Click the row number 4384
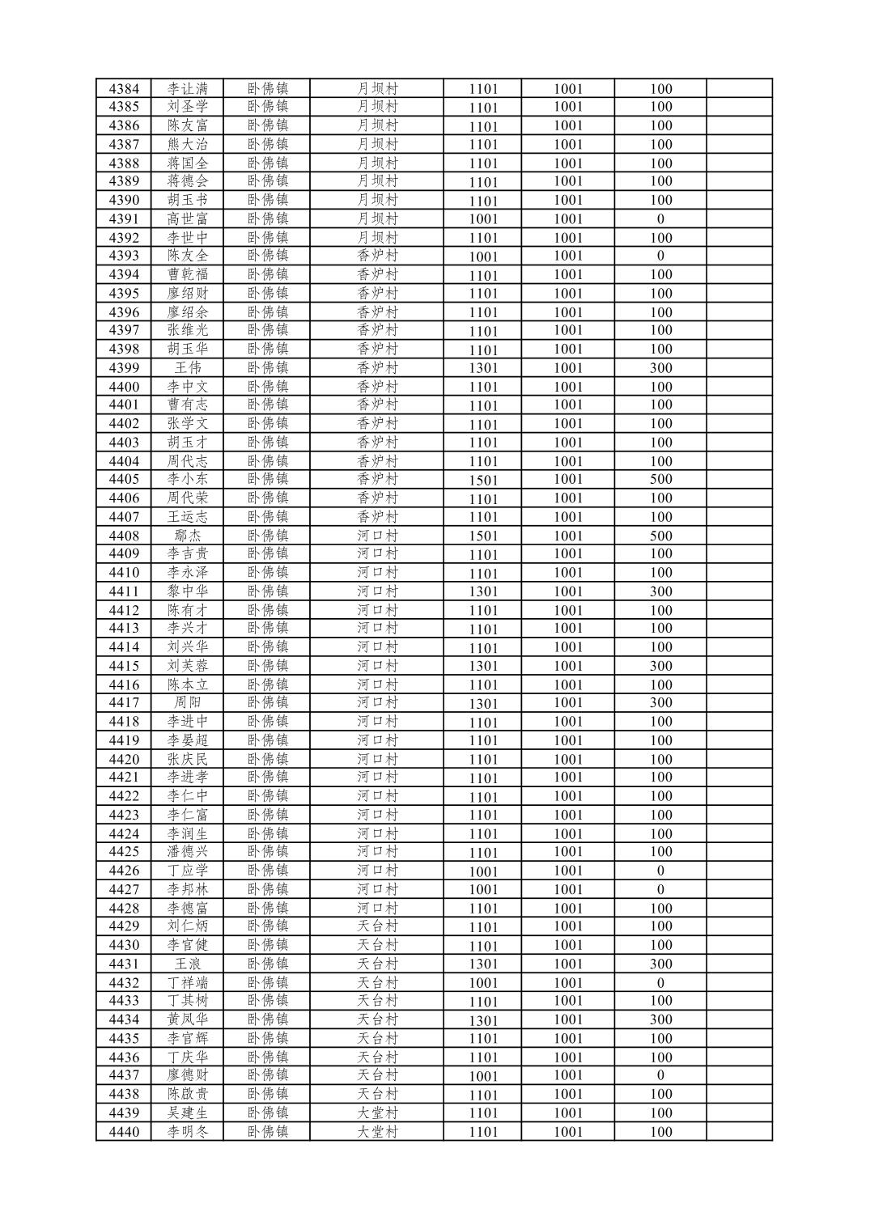[124, 89]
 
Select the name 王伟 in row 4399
[188, 367]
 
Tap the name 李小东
[188, 479]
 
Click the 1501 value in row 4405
[483, 480]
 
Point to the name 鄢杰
[188, 536]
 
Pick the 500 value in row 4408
[660, 536]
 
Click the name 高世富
[188, 218]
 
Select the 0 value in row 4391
[660, 218]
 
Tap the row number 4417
[124, 702]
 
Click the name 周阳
[188, 702]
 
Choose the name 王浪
[188, 964]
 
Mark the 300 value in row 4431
[660, 964]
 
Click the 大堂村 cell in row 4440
[377, 1131]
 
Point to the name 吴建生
[188, 1112]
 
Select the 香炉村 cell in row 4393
[377, 255]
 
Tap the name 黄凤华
[188, 1019]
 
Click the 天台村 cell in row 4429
[377, 926]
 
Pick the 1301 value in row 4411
[483, 591]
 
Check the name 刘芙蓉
[188, 666]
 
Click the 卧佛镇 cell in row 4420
[268, 759]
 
